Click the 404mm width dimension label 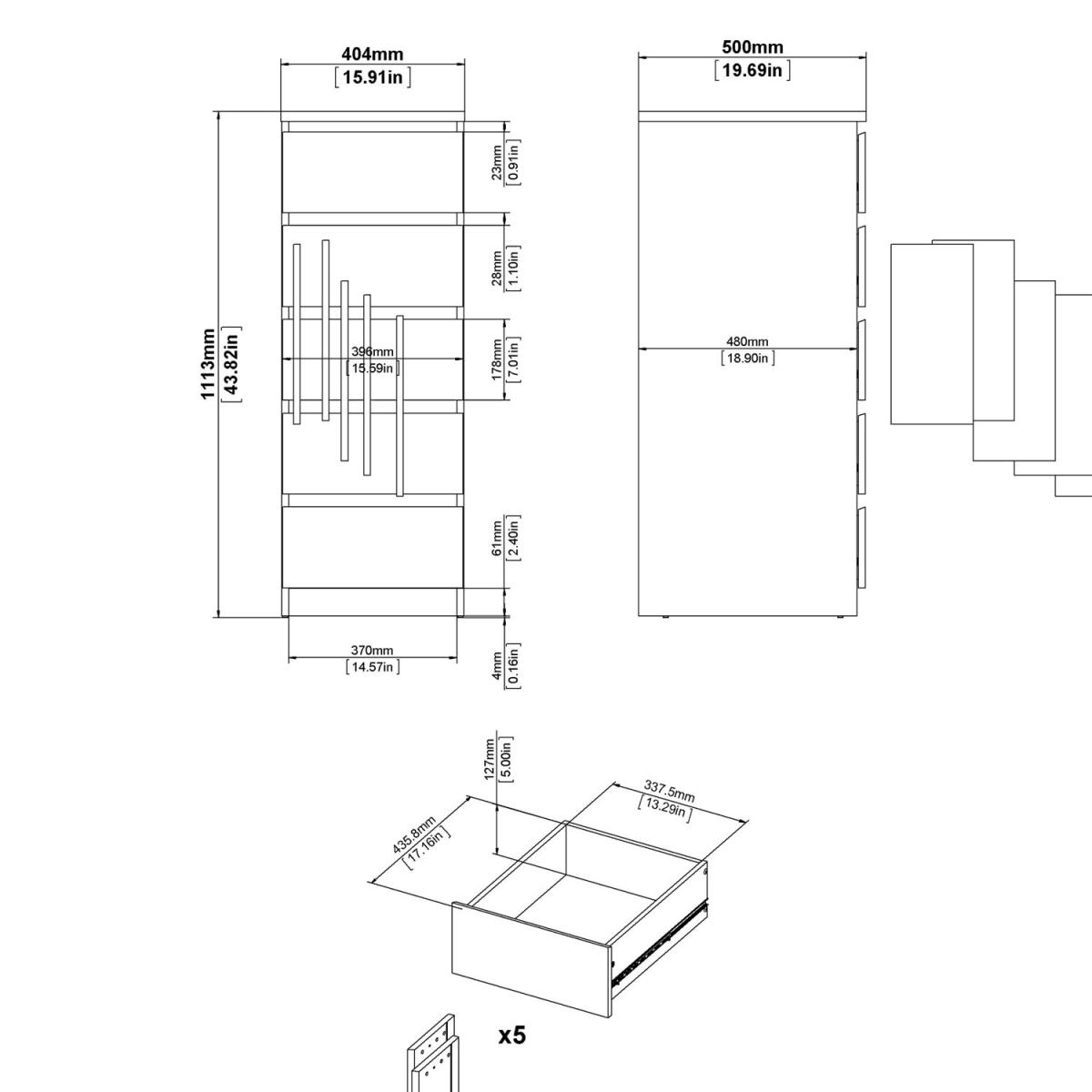[x=372, y=54]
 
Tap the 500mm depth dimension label [x=752, y=47]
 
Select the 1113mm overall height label [x=208, y=364]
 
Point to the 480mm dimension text [x=747, y=341]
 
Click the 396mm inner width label [x=372, y=352]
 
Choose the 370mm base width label [x=372, y=650]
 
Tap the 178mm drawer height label [x=497, y=359]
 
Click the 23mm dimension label [x=497, y=163]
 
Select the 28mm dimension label [x=497, y=268]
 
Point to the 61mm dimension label [x=497, y=539]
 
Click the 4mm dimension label [x=497, y=666]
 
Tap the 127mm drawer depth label [x=490, y=759]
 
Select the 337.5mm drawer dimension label [x=669, y=791]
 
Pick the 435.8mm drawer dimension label [x=414, y=834]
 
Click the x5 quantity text [x=512, y=1036]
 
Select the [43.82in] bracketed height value [x=230, y=364]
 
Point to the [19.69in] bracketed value [x=752, y=70]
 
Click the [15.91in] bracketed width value [x=372, y=77]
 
